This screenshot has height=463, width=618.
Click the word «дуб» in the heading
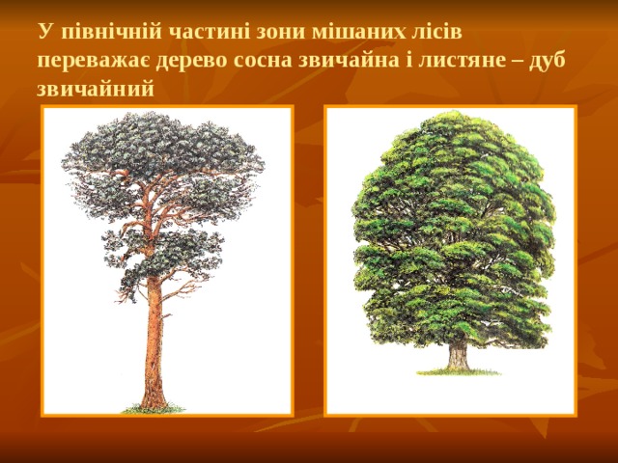coord(547,61)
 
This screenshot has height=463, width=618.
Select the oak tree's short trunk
coord(458,354)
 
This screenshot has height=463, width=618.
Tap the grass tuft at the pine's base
coord(153,409)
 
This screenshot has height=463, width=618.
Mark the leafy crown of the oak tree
coord(454,222)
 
